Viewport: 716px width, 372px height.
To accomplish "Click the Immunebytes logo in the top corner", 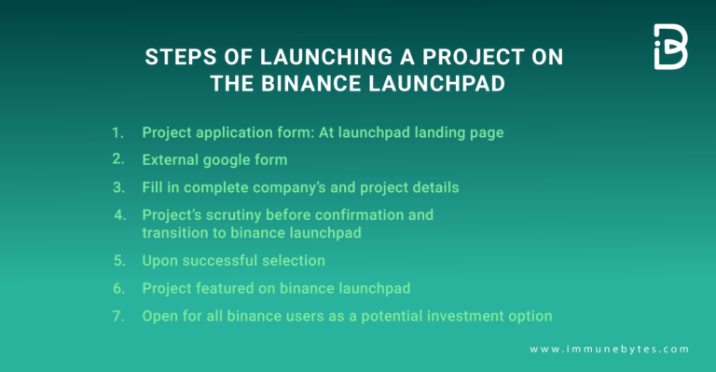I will pos(670,47).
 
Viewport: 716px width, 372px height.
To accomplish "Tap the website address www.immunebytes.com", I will pos(609,349).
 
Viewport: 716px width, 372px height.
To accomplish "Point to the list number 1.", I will pos(117,132).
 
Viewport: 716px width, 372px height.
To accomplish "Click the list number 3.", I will pos(117,187).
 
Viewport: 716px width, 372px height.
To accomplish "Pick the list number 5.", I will pos(117,260).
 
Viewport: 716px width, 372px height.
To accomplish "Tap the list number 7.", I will pos(117,316).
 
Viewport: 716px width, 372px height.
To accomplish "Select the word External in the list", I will pos(171,159).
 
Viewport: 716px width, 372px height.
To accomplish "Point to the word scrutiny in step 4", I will pos(235,215).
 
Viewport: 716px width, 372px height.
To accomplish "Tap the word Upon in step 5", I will pos(159,260).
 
